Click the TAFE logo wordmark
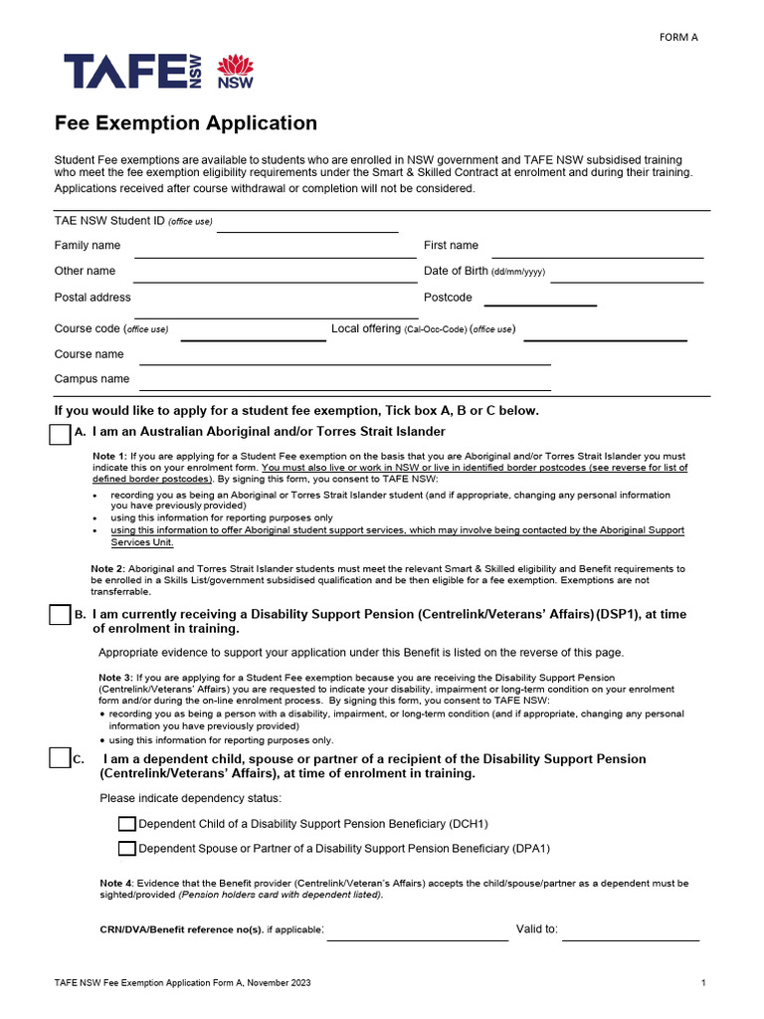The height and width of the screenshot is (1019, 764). tap(132, 72)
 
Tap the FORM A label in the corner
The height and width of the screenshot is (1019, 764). tap(678, 38)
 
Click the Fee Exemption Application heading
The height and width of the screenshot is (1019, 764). tap(185, 123)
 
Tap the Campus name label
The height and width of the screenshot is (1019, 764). tap(92, 379)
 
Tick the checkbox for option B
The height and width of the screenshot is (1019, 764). tap(60, 615)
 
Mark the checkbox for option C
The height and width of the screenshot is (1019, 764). tap(60, 759)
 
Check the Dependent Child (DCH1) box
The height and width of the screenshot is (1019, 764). tap(126, 824)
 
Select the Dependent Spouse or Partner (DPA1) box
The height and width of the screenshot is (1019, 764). tap(126, 849)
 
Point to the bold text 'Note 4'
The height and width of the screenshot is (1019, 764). tap(115, 884)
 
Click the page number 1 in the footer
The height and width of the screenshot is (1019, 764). tap(702, 983)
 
